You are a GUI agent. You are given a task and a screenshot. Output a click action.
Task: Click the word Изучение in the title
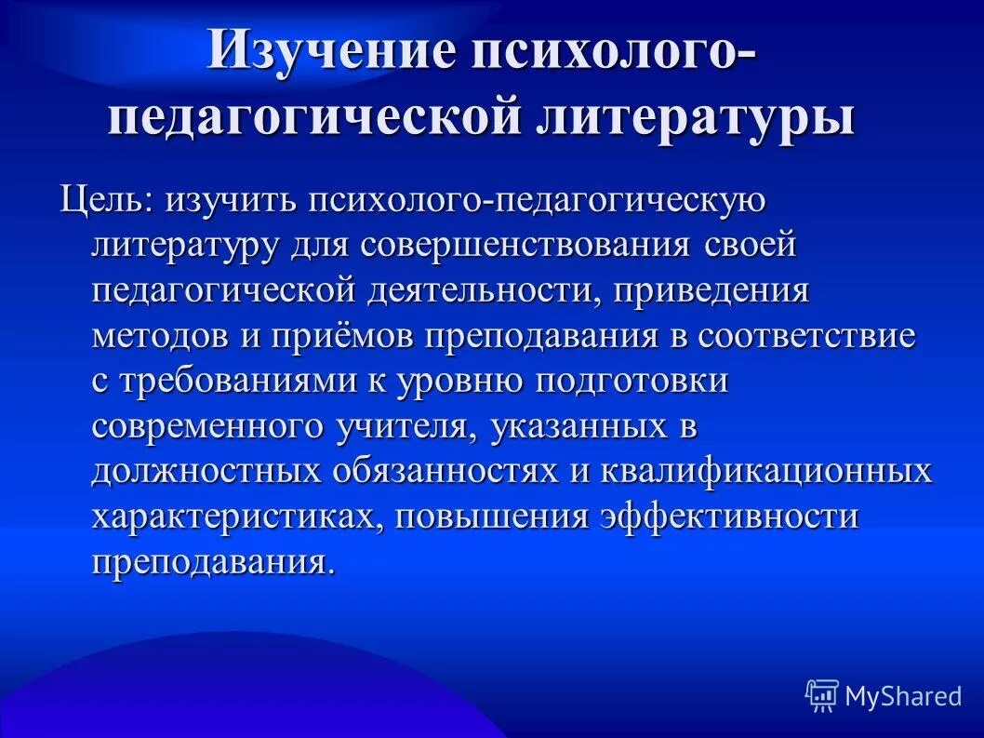328,51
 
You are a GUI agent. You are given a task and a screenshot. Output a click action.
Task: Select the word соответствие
809,336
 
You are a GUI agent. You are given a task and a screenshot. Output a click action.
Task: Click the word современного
207,426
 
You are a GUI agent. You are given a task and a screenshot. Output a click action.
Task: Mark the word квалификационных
765,471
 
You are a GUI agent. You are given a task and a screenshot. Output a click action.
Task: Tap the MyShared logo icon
821,694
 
